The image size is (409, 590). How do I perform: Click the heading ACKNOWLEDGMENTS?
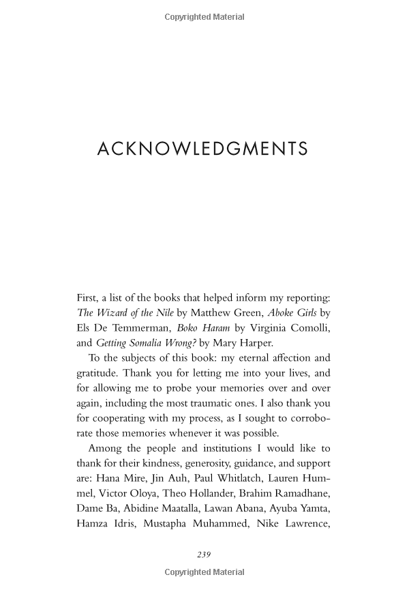(x=202, y=149)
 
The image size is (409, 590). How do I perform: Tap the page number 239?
(x=204, y=555)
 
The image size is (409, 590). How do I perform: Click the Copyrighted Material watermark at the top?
(x=204, y=16)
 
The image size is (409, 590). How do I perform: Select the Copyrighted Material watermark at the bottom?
(x=204, y=573)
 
